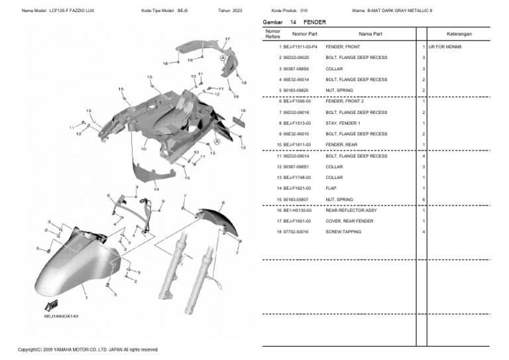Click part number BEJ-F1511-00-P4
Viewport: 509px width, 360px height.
pyautogui.click(x=300, y=47)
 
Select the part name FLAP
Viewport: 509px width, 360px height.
pyautogui.click(x=331, y=188)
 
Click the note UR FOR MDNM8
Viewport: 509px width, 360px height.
pyautogui.click(x=445, y=47)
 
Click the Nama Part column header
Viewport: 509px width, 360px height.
pyautogui.click(x=370, y=33)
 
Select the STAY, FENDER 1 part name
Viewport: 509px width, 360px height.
pyautogui.click(x=343, y=123)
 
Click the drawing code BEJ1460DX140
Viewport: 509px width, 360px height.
pyautogui.click(x=61, y=316)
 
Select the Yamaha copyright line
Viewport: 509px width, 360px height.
pyautogui.click(x=87, y=349)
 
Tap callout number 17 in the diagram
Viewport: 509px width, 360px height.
pyautogui.click(x=227, y=39)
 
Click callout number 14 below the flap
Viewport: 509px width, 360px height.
pyautogui.click(x=156, y=189)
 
